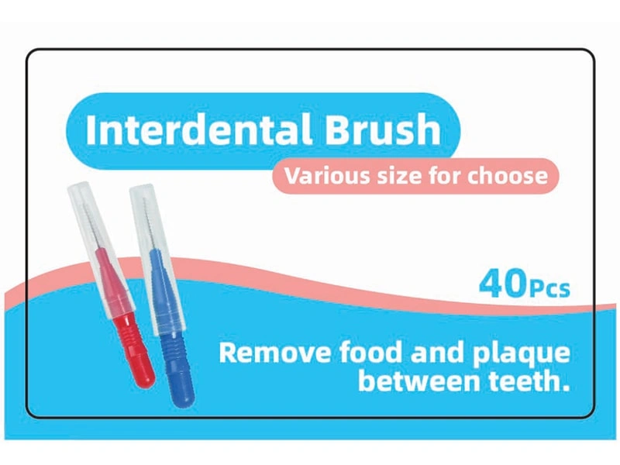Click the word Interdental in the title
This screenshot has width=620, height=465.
[x=199, y=129]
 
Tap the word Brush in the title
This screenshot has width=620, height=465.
[x=383, y=129]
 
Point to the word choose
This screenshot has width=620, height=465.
[x=508, y=176]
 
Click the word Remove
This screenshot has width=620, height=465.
[x=274, y=353]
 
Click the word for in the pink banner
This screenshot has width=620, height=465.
[x=443, y=176]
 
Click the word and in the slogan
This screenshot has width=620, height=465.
[x=438, y=352]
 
